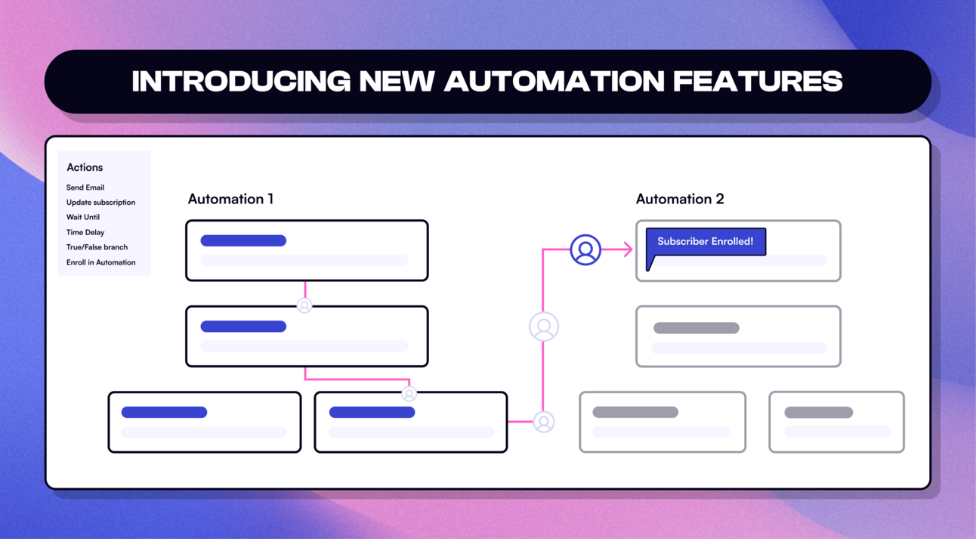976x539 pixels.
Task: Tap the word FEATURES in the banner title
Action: [x=757, y=82]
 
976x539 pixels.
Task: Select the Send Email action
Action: [x=85, y=187]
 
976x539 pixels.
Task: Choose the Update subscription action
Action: [x=100, y=203]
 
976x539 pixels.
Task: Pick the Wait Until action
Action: [x=83, y=217]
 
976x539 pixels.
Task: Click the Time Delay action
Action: [x=85, y=232]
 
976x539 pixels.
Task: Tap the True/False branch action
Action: [x=97, y=247]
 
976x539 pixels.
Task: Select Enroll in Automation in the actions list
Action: [x=100, y=262]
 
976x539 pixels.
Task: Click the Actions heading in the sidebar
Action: [x=85, y=167]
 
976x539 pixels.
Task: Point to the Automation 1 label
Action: [x=230, y=199]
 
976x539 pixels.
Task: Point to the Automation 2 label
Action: [x=680, y=199]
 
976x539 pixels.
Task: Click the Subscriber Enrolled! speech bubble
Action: [x=706, y=242]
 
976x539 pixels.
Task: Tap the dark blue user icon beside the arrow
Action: [x=585, y=249]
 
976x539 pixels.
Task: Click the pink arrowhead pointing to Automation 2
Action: [x=627, y=249]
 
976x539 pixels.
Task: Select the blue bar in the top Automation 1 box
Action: [x=243, y=240]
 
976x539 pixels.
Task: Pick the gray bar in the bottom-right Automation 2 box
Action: [x=818, y=412]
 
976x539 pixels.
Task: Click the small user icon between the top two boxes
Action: [x=304, y=305]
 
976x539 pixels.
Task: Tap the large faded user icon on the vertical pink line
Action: [x=544, y=327]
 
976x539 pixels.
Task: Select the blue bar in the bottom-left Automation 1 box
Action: [x=164, y=412]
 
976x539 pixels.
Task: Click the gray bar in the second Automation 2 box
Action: [x=696, y=327]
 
